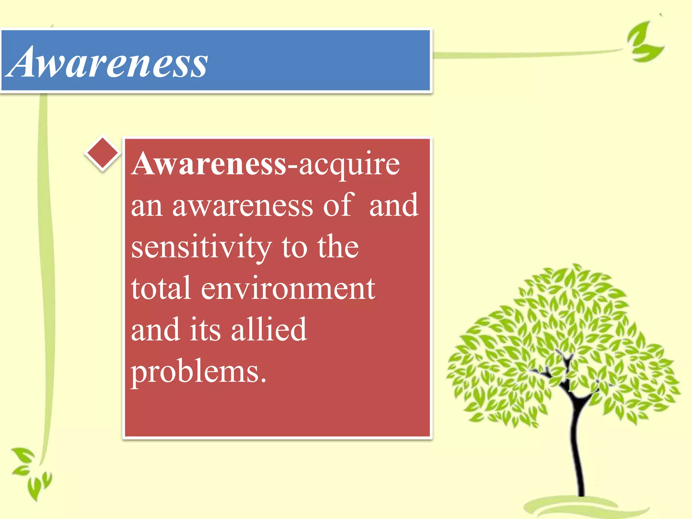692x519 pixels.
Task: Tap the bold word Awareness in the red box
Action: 209,164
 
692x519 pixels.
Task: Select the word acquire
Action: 349,166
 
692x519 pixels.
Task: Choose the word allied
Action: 269,329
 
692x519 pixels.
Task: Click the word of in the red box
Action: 338,205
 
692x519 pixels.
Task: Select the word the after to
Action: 338,247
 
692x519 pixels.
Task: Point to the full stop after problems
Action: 263,380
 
